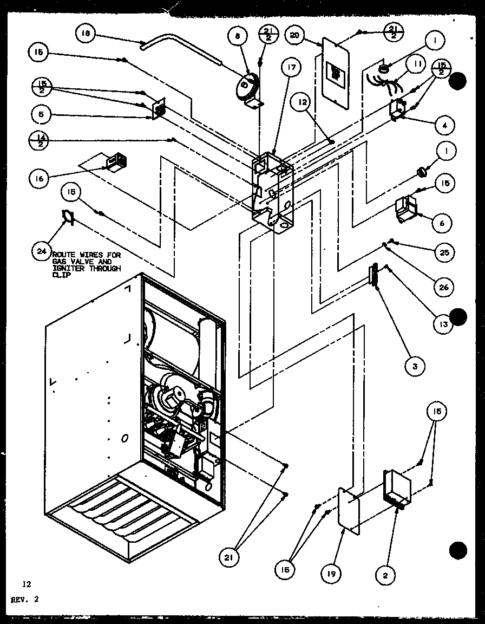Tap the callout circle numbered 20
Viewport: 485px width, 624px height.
point(294,36)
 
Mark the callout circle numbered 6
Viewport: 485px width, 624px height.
point(443,223)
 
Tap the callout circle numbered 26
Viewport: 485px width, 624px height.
point(443,287)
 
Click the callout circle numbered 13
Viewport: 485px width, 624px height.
point(442,324)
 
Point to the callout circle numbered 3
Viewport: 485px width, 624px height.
point(414,366)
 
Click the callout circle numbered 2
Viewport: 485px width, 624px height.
point(385,575)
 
